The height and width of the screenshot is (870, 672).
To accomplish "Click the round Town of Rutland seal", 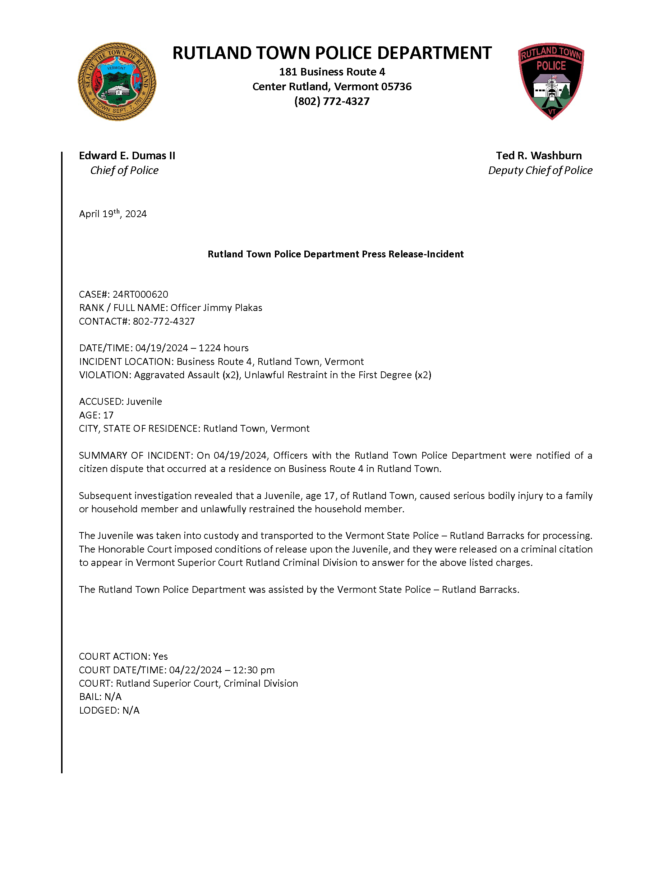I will (117, 82).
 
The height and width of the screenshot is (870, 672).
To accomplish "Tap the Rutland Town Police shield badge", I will (551, 81).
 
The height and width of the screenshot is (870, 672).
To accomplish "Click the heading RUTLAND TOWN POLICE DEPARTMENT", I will (332, 53).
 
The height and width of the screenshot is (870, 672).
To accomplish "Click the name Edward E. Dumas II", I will (127, 155).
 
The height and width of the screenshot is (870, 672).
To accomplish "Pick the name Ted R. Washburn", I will (539, 155).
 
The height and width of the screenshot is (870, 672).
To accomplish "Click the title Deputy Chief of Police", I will (540, 170).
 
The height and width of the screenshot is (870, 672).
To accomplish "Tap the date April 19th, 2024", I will (113, 214).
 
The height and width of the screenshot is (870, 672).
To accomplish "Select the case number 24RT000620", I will (140, 294).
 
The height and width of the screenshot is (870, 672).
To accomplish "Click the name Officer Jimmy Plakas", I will (216, 308).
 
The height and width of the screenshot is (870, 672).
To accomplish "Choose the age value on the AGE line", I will (108, 415).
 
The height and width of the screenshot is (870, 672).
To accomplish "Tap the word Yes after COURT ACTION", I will (160, 656).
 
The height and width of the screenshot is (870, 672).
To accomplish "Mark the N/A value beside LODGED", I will (131, 710).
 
